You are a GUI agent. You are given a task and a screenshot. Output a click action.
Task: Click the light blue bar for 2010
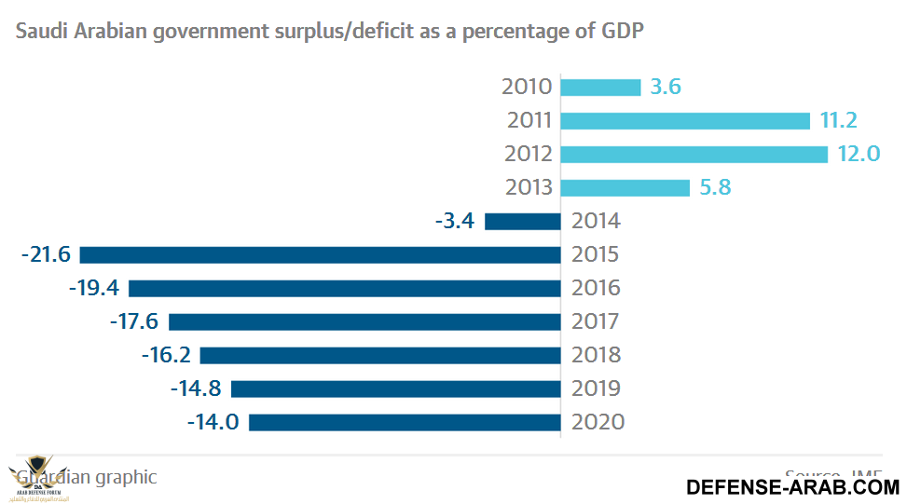pos(600,88)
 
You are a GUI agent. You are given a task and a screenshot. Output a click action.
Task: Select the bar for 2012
pos(694,155)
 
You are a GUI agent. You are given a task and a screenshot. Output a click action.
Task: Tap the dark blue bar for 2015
pos(320,255)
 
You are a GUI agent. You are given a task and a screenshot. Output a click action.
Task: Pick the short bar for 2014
pos(522,222)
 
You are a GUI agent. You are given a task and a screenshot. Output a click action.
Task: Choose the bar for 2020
pos(405,423)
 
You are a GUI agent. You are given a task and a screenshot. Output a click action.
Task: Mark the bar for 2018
pos(380,356)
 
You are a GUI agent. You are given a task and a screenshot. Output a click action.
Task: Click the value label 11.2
pos(838,120)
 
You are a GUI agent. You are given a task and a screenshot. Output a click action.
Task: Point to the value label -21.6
pos(46,254)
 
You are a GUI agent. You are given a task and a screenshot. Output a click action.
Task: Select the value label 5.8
pos(714,187)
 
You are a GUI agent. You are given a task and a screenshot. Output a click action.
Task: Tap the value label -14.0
pos(213,422)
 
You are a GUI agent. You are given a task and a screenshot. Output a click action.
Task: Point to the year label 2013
pos(529,187)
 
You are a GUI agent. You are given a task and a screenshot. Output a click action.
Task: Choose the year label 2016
pos(597,288)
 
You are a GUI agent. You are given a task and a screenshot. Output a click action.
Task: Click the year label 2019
pos(597,388)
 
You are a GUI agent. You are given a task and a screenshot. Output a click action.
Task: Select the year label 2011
pos(529,120)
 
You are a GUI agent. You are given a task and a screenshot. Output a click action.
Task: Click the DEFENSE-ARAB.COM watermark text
pos(792,486)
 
